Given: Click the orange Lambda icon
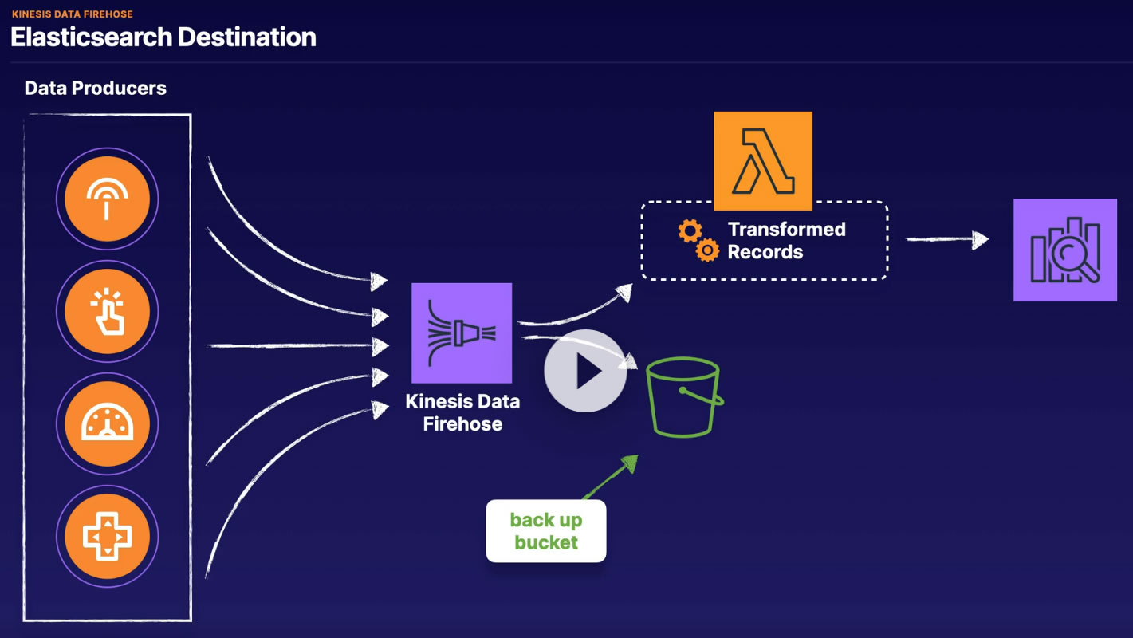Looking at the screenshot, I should point(763,160).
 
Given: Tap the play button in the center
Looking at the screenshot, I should point(585,371).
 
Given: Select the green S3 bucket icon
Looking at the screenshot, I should point(684,397).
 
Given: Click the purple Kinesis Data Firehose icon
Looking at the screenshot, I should point(462,333).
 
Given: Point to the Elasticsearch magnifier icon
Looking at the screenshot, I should point(1064,250).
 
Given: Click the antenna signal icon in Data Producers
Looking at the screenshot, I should point(108,199).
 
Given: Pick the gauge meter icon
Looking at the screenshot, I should point(108,423).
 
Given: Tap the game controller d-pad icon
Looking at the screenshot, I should point(108,536).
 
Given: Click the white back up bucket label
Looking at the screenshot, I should point(546,531).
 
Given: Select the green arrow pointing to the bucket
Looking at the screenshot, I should point(610,478).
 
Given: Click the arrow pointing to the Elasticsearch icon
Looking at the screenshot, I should point(948,239).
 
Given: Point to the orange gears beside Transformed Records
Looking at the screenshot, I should point(698,241).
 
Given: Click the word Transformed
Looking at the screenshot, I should point(786,230).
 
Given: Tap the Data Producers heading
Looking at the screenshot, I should point(95,89).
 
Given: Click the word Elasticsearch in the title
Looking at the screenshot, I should point(90,37).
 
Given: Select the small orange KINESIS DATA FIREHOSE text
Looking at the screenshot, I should point(72,14).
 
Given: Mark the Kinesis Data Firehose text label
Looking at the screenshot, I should point(462,412).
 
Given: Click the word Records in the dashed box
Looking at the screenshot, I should point(765,252).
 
